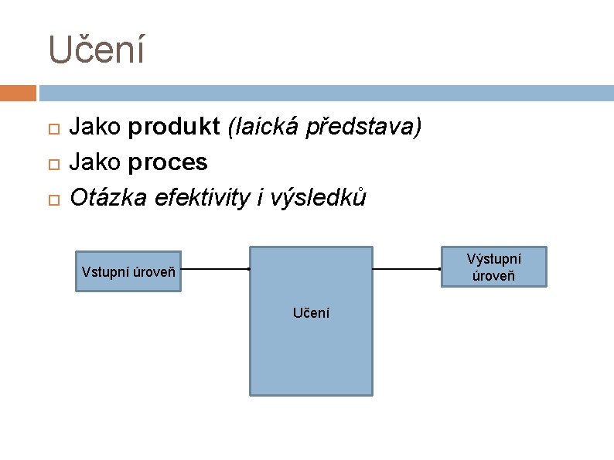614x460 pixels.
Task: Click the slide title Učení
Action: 96,50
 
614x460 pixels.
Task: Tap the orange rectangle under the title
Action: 18,94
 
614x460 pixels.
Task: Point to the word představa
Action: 363,128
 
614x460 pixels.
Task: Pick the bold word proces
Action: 168,162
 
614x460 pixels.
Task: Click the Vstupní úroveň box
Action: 128,271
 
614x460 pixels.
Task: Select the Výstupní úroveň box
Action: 493,267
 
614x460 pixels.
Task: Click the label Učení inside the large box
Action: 311,313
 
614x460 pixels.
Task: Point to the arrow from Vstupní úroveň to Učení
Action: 215,269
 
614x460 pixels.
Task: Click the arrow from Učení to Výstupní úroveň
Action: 407,269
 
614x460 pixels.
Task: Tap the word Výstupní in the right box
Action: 493,259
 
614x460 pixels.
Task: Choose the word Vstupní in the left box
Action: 105,272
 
